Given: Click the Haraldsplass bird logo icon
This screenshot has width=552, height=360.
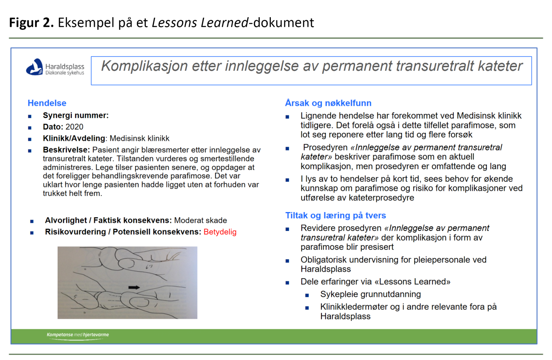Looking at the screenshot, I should [x=34, y=67].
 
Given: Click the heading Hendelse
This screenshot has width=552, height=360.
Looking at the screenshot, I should [x=47, y=103].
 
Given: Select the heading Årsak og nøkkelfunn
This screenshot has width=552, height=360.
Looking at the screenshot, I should [x=328, y=103].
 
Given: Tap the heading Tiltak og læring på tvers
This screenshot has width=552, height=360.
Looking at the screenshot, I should [x=335, y=216].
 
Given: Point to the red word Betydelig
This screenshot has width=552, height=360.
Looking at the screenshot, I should [x=220, y=232].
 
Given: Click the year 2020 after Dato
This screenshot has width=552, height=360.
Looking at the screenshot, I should [x=75, y=127].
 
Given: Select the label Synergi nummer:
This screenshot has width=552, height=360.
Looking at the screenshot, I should [x=76, y=116].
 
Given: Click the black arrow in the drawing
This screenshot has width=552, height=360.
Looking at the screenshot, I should [x=134, y=287].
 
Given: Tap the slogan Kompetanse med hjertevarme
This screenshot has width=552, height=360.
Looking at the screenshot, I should [x=78, y=335].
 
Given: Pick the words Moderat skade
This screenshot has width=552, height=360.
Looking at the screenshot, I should [x=200, y=220].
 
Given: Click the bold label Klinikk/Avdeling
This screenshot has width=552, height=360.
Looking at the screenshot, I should [x=74, y=138].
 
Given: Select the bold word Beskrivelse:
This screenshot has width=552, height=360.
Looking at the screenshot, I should [x=66, y=150].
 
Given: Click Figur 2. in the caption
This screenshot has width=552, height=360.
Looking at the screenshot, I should [x=31, y=23].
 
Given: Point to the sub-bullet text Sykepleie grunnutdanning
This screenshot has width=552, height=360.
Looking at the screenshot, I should [x=370, y=294].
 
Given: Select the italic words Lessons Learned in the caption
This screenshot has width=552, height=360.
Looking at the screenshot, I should [x=200, y=23].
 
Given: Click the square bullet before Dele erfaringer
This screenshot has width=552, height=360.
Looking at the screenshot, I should [x=287, y=283].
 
